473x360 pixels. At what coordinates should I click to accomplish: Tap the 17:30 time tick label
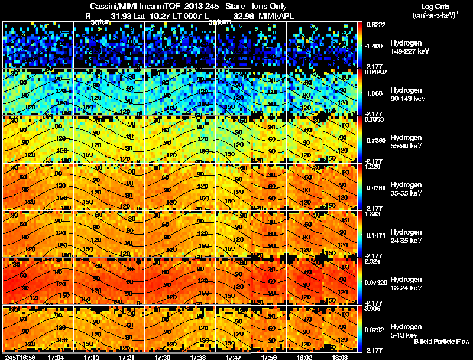[x=162, y=357]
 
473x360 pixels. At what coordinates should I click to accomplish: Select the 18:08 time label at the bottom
[x=339, y=357]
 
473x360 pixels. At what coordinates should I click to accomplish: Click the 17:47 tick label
[x=234, y=357]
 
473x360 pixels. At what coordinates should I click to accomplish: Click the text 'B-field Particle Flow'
[x=442, y=342]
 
